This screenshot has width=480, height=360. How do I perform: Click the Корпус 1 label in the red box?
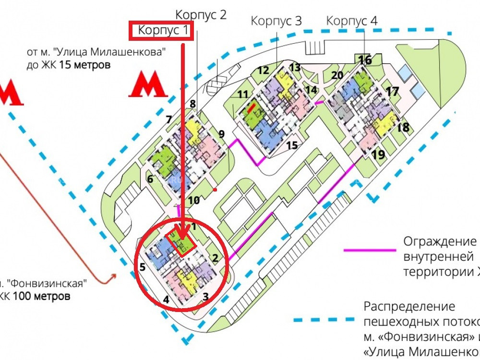pos(163,31)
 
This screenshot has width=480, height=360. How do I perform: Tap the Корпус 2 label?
pos(201,14)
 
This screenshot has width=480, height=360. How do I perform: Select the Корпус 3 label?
pos(277,21)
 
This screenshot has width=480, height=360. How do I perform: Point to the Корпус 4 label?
pos(352,21)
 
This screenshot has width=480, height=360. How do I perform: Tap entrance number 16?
pos(365,60)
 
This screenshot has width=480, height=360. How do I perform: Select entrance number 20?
pos(337,75)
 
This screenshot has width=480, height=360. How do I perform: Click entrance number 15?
pos(292,145)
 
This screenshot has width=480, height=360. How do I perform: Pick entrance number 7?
pos(169,120)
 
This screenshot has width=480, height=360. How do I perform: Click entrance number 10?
pos(193,200)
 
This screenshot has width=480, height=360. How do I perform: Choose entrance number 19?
pos(378,155)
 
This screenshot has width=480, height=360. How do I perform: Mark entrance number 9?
pos(221,134)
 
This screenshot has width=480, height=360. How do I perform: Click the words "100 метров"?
pos(41,296)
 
